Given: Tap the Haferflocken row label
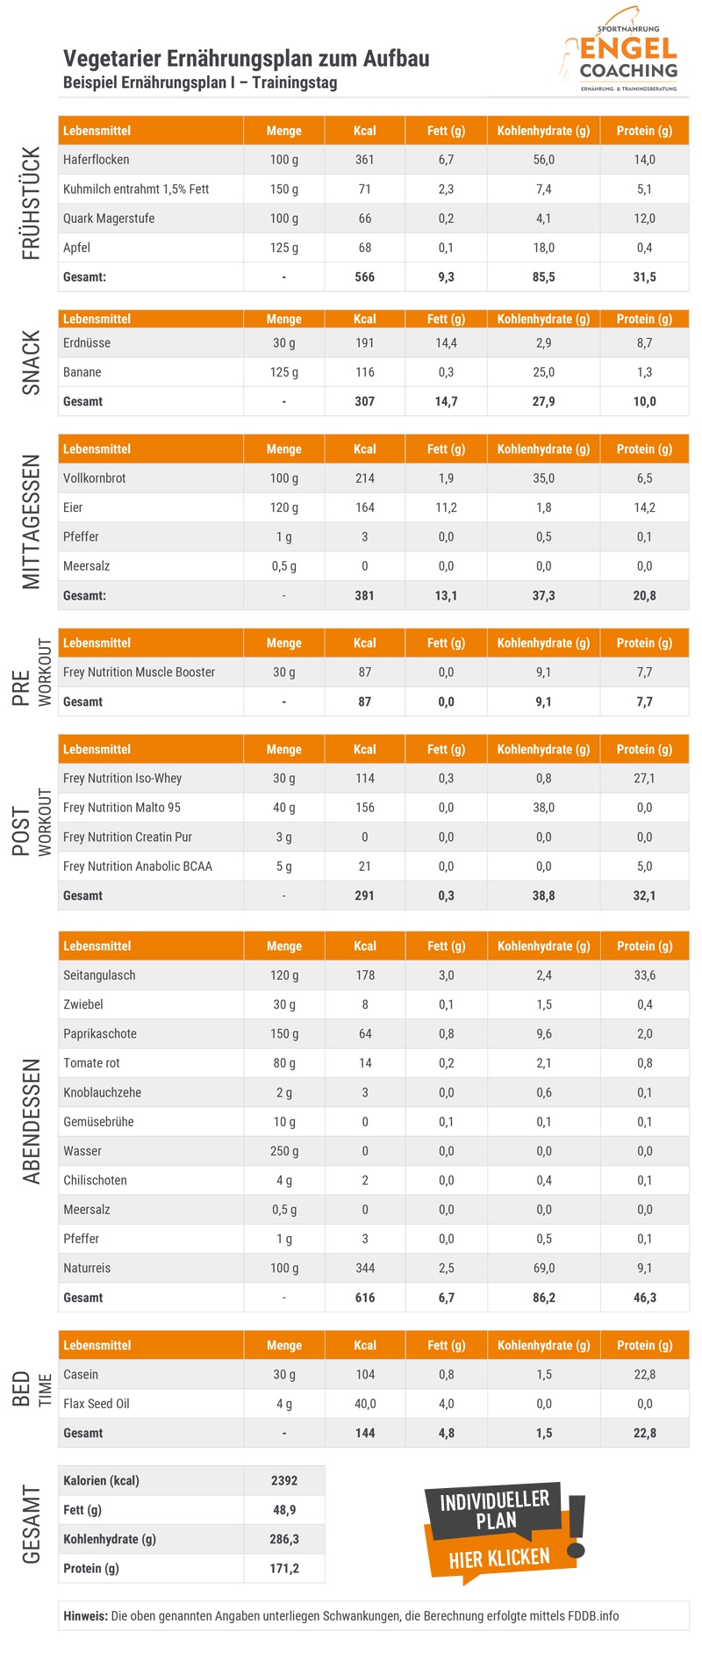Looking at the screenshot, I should click(x=96, y=160).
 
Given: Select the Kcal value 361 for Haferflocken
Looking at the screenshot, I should click(x=364, y=160).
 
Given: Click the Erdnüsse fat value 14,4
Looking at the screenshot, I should click(x=446, y=343).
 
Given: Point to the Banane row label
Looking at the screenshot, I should click(x=82, y=372).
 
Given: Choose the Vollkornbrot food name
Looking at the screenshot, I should click(x=94, y=478).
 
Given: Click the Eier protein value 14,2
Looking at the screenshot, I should click(x=644, y=507).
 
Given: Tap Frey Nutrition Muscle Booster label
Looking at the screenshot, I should click(x=139, y=672).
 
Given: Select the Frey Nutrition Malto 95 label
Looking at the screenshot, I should click(x=121, y=808).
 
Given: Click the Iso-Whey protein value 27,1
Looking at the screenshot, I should click(x=644, y=779).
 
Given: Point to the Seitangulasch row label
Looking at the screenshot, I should click(x=99, y=975).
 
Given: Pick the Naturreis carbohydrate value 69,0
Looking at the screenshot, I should click(x=543, y=1269).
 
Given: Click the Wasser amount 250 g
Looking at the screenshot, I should click(x=284, y=1151).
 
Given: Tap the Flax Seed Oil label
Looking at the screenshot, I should click(x=96, y=1404).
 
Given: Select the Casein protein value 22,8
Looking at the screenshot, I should click(x=644, y=1375).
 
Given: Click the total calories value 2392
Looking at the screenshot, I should click(x=284, y=1481).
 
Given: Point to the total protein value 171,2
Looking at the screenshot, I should click(x=284, y=1569).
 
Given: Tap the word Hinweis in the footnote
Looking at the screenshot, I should click(x=85, y=1616).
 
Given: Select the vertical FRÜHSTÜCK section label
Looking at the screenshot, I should click(x=32, y=204).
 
